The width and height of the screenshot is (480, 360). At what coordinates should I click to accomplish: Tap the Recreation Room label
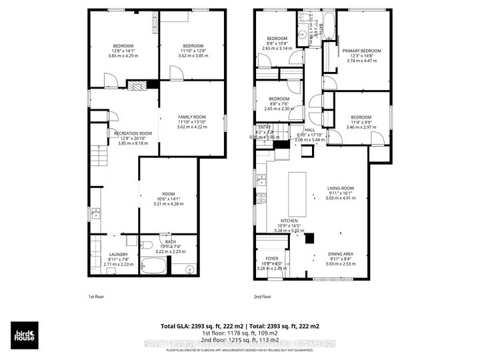[133, 133]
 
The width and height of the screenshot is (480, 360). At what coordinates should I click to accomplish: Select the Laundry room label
[118, 254]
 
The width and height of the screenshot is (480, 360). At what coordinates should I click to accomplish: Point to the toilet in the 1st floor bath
[148, 244]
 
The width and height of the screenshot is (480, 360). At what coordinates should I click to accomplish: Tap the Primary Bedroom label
[362, 51]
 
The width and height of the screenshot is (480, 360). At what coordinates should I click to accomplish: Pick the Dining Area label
[345, 254]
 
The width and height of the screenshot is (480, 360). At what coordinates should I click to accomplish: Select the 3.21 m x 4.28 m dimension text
[168, 203]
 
